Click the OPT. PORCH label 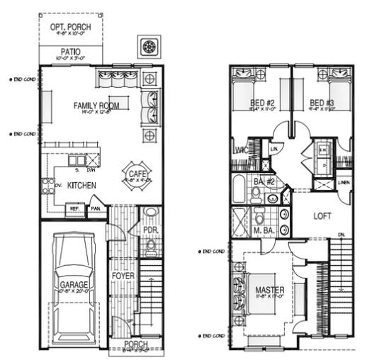pos(69,27)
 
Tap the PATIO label pos(70,52)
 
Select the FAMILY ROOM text pos(96,106)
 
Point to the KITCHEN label pos(82,186)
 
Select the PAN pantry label pos(94,210)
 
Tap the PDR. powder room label pos(149,230)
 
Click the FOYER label pos(123,274)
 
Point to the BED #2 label pos(261,103)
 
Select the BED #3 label pos(322,103)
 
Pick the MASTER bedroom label pos(269,290)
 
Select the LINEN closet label pos(344,183)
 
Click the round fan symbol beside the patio pos(149,47)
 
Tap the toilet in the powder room pos(150,247)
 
